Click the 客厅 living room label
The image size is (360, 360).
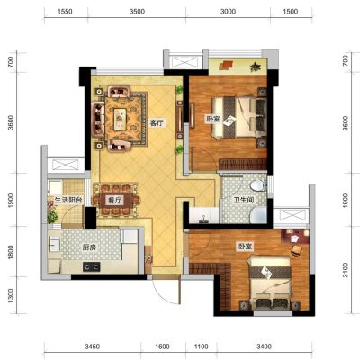[157, 123]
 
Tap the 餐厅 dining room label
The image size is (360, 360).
[114, 200]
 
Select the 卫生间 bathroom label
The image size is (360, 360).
[244, 200]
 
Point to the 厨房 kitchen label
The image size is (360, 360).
[89, 247]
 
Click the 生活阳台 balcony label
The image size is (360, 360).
[68, 200]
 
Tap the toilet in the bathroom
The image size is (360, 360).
[258, 185]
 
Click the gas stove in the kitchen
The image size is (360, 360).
[92, 266]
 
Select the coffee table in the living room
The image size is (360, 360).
[120, 119]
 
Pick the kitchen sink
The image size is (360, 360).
[54, 245]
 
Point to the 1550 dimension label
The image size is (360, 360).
[65, 12]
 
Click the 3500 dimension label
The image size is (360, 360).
[137, 12]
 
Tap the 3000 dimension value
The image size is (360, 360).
[228, 12]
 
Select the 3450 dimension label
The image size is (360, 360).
[93, 346]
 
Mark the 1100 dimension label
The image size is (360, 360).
[201, 346]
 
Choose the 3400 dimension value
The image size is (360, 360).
[265, 346]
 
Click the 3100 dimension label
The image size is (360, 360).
[346, 270]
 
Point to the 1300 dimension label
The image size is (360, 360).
[11, 295]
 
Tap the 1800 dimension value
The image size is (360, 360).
[11, 253]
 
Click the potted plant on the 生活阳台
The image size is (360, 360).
[52, 215]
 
